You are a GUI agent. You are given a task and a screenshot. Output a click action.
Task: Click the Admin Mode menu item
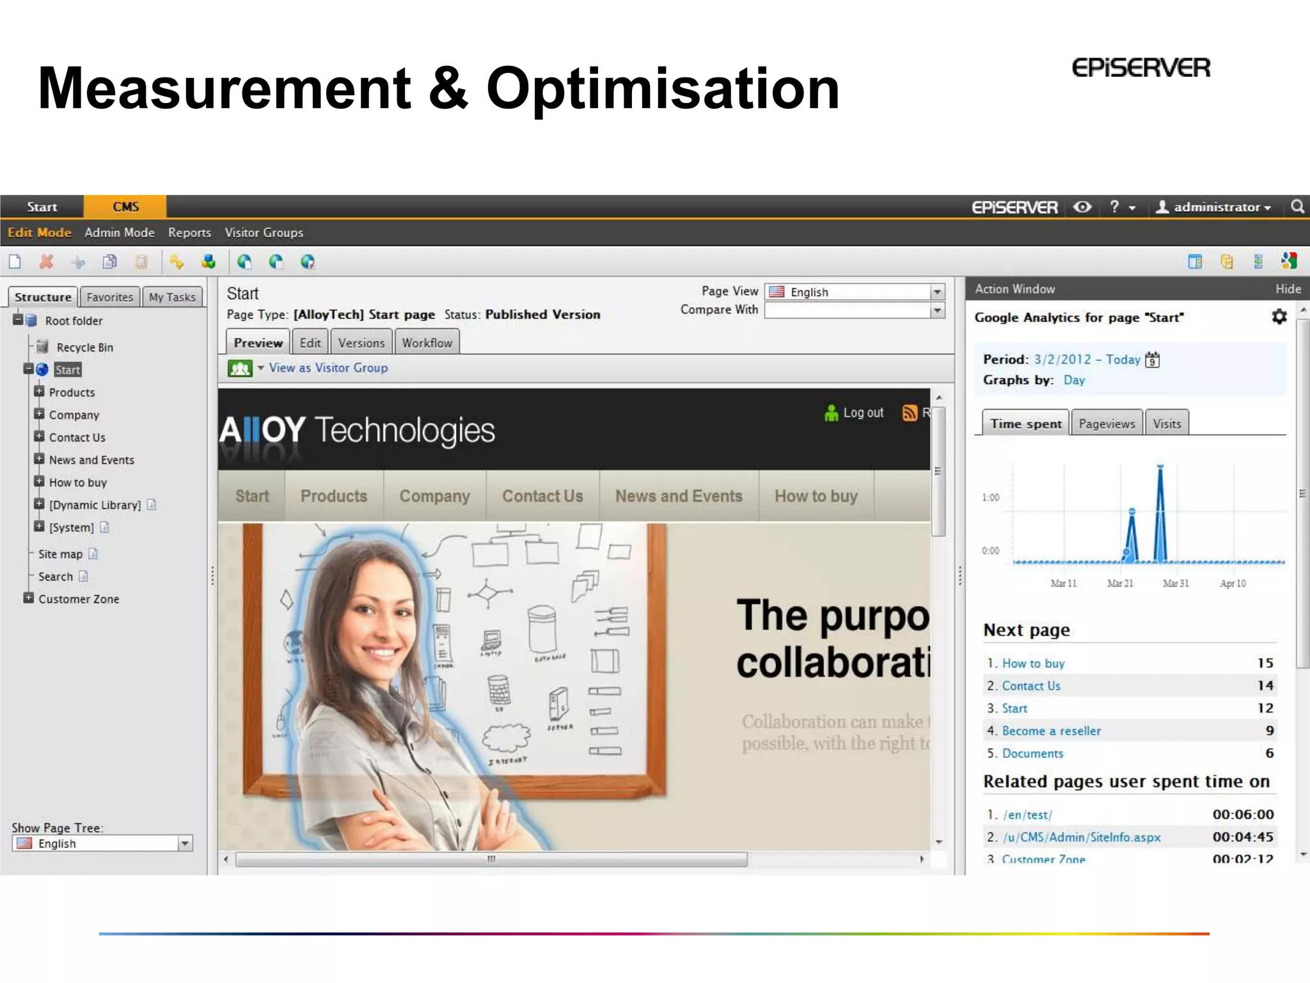pos(120,232)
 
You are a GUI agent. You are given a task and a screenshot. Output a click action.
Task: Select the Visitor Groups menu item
pos(264,232)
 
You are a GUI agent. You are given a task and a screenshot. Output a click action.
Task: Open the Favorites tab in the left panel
pos(109,297)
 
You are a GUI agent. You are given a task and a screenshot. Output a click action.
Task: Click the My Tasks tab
pos(172,297)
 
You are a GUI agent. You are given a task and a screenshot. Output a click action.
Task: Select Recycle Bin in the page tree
pos(84,348)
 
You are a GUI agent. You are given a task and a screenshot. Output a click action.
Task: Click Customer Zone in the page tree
pos(79,599)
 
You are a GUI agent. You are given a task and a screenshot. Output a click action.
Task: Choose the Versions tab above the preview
pos(361,343)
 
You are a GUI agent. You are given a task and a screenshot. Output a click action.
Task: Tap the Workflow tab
pos(427,343)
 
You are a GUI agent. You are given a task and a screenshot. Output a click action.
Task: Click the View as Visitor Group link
pos(328,368)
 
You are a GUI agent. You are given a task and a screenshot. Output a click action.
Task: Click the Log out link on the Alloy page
pos(863,413)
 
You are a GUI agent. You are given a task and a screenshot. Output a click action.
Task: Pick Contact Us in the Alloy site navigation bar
pos(542,496)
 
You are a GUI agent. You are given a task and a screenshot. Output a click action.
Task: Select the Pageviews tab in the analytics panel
pos(1107,424)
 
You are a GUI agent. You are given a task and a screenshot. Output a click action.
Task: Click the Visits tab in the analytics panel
pos(1167,424)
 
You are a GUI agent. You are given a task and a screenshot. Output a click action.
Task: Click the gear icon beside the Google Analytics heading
pos(1279,317)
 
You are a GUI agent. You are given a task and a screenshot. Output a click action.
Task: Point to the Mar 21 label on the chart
pos(1120,584)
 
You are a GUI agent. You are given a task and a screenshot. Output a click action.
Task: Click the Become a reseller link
pos(1052,731)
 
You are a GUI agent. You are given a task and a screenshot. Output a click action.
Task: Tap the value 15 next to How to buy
pos(1265,663)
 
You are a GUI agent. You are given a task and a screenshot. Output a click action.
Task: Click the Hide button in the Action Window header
pos(1288,289)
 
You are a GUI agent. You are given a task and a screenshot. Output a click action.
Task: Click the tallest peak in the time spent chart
pos(1160,467)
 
